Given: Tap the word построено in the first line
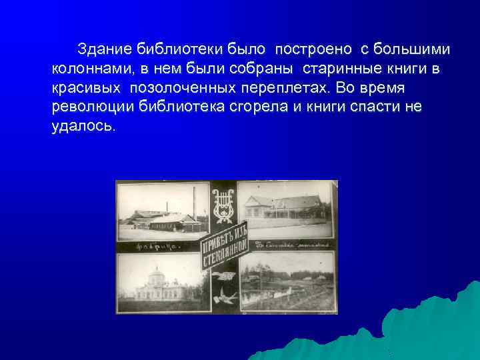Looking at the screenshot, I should tap(315, 49).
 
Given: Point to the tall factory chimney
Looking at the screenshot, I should tap(194, 203).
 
